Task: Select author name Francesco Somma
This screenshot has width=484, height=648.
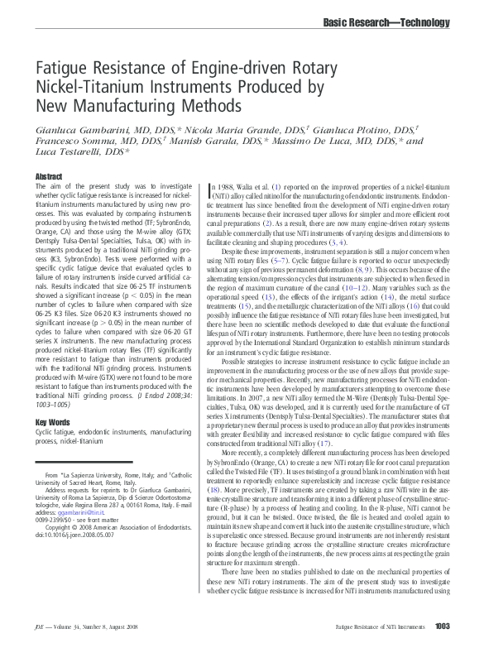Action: (69, 142)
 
